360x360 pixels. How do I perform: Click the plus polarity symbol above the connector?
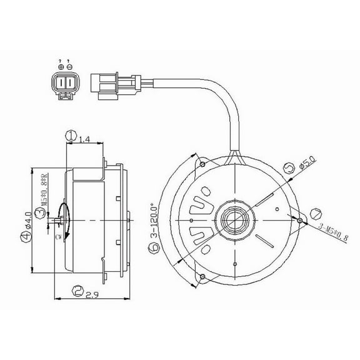60,67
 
